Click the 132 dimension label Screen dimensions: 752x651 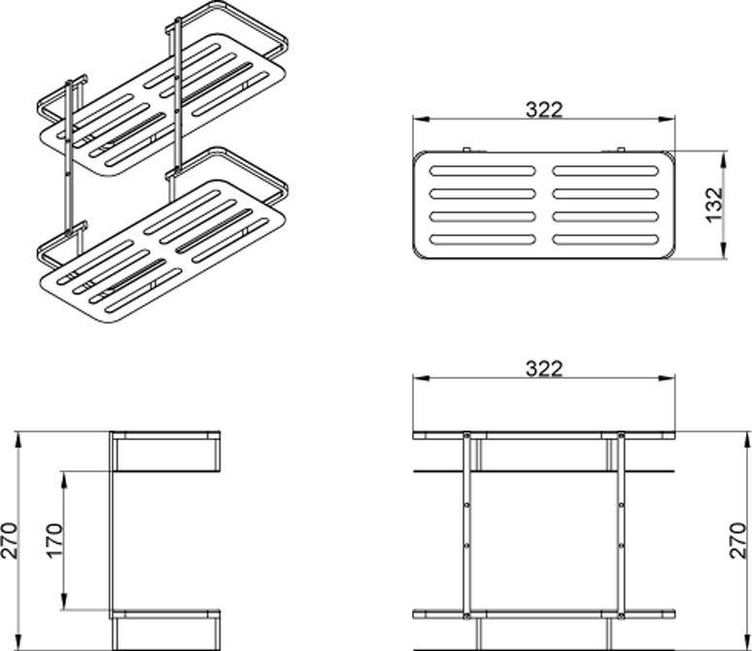pos(714,205)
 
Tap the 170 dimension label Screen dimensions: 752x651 pos(54,540)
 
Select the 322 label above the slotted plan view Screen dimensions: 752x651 pos(544,110)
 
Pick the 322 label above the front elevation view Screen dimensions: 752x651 pos(544,368)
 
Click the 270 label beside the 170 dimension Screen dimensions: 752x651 pos(9,540)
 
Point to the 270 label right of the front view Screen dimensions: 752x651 pos(739,540)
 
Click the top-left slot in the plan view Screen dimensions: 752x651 pos(483,171)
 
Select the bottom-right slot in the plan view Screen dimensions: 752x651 pos(606,239)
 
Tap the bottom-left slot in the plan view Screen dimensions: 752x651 pos(483,239)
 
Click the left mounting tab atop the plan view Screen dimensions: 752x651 pos(467,150)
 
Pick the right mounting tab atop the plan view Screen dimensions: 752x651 pos(621,150)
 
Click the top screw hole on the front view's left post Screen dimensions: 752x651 pos(466,435)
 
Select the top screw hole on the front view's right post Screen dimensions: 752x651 pos(622,435)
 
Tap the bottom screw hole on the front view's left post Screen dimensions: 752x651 pos(466,615)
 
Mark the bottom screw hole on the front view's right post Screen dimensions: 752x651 pos(622,615)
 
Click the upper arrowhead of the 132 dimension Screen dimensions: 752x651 pos(723,158)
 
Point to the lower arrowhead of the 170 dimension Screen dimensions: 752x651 pos(64,602)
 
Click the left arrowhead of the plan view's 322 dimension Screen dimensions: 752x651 pos(421,120)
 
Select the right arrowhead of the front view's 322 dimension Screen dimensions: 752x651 pos(667,378)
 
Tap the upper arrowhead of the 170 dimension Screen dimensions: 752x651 pos(64,479)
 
